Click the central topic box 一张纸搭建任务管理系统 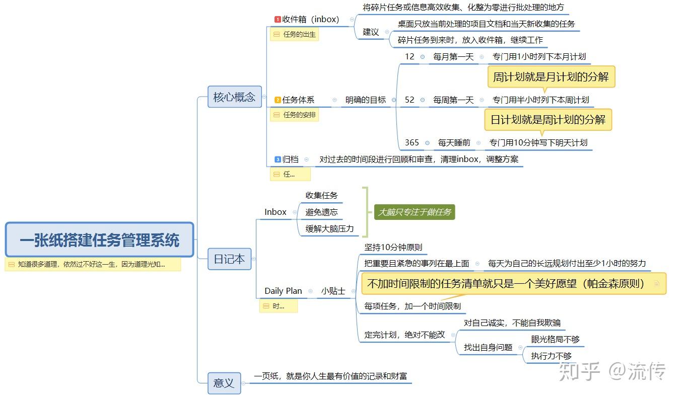click(x=99, y=240)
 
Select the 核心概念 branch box click(x=235, y=97)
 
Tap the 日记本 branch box click(x=229, y=259)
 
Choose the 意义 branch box click(x=224, y=383)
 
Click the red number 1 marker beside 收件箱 click(x=278, y=19)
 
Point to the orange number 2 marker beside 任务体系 click(x=278, y=100)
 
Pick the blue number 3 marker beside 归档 click(x=278, y=159)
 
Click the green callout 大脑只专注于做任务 click(x=415, y=212)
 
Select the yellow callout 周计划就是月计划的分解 click(x=551, y=77)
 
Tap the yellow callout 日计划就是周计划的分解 click(x=548, y=120)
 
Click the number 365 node click(x=412, y=142)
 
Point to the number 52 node click(x=409, y=100)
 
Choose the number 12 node click(x=409, y=57)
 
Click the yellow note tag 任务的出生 click(x=294, y=34)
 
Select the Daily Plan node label click(x=283, y=291)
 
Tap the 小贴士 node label click(x=333, y=291)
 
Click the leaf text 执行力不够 click(x=551, y=356)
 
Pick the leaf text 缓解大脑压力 click(x=329, y=229)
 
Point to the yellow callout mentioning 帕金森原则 click(x=513, y=284)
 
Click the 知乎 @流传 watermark click(x=612, y=371)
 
